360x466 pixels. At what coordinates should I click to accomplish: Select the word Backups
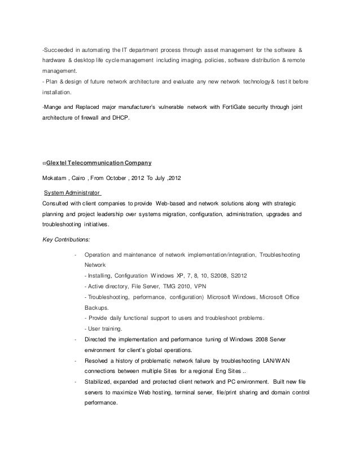click(x=95, y=307)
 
